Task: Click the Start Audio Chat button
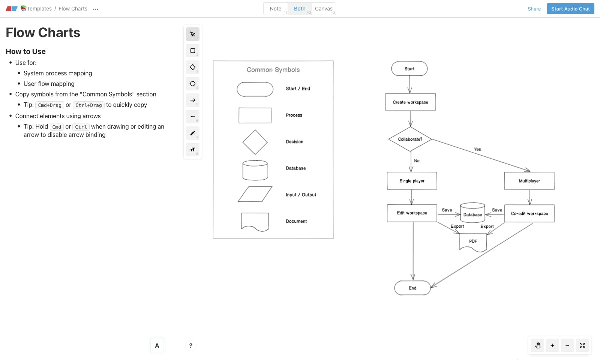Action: point(570,9)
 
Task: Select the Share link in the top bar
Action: point(534,9)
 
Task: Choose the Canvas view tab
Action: point(324,9)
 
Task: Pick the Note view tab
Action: point(276,9)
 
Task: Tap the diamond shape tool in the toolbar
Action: point(193,67)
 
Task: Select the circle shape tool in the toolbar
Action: point(193,84)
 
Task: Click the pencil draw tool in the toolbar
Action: point(193,133)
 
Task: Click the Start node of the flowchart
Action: point(409,69)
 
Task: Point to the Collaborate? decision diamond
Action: point(410,139)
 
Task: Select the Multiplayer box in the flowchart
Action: point(529,181)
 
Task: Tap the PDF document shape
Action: point(473,241)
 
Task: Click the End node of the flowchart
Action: point(412,288)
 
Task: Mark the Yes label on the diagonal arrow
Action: point(477,149)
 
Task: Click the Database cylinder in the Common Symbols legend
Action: point(255,170)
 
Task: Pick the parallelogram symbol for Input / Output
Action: point(255,194)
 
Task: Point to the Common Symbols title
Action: point(273,70)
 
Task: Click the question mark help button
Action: point(191,345)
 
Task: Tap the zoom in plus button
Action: point(552,345)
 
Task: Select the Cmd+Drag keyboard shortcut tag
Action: point(49,105)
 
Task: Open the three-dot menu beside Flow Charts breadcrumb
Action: point(96,9)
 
